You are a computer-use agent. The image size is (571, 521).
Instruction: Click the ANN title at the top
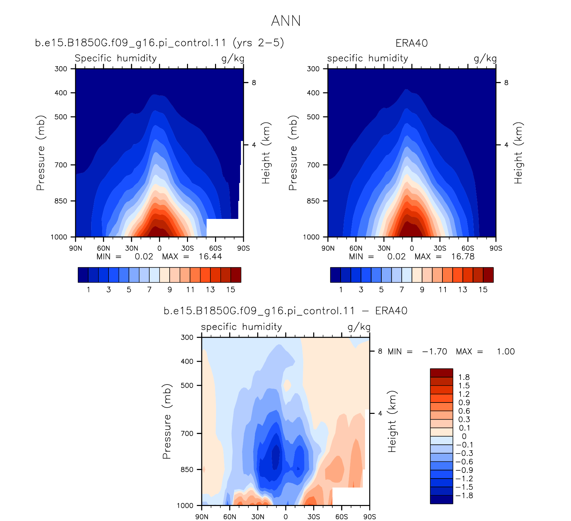coord(286,21)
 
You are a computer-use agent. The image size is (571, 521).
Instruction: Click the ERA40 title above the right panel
coord(411,43)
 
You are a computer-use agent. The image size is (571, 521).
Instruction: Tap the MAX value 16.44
coord(210,256)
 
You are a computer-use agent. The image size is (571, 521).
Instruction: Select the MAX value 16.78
coord(463,256)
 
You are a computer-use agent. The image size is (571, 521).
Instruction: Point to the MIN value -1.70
coord(434,351)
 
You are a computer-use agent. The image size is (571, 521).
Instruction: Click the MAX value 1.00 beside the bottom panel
coord(506,351)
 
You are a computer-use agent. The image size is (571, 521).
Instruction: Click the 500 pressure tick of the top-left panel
coord(61,117)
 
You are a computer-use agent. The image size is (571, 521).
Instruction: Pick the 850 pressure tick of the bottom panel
coord(187,469)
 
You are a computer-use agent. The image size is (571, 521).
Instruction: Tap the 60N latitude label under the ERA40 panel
coord(356,248)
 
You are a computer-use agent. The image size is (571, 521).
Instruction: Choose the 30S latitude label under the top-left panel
coord(188,248)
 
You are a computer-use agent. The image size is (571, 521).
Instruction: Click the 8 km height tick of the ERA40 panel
coord(506,82)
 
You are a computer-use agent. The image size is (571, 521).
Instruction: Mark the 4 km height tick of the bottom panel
coord(380,414)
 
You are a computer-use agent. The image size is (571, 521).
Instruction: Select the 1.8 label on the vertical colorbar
coord(464,377)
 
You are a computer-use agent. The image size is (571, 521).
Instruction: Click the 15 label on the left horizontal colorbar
coord(231,289)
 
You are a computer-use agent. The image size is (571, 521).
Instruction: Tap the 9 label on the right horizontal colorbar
coord(422,289)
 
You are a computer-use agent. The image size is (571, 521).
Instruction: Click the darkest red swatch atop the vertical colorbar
coord(441,373)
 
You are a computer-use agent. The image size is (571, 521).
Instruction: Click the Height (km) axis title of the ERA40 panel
coord(518,153)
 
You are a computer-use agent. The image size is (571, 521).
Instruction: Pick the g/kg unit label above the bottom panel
coord(359,327)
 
